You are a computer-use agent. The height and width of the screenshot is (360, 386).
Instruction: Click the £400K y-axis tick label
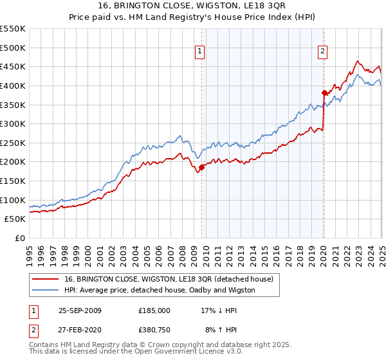[13, 85]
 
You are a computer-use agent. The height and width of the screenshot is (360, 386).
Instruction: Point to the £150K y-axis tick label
[13, 181]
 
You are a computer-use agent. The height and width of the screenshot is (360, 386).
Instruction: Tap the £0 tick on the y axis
[21, 239]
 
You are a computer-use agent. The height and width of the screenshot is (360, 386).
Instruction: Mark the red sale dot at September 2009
[201, 167]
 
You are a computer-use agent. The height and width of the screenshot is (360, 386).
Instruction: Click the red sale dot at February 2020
[324, 92]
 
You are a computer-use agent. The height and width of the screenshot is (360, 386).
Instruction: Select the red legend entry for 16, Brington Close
[169, 279]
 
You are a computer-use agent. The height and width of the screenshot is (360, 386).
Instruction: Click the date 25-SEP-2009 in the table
[80, 310]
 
